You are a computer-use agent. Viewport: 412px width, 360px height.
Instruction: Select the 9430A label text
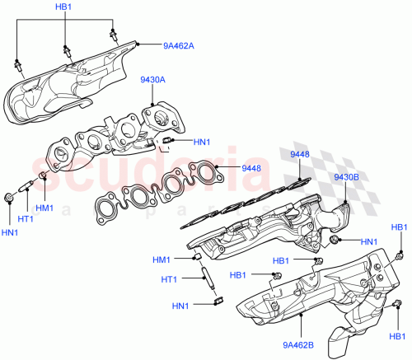[x=152, y=81]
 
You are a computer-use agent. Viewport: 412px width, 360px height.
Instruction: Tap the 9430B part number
[x=346, y=177]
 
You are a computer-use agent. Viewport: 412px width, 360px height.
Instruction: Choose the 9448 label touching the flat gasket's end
[x=250, y=168]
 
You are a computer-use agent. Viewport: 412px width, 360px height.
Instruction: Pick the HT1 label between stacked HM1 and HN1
[x=169, y=280]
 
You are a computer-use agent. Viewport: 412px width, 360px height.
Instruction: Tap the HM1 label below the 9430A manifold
[x=44, y=207]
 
